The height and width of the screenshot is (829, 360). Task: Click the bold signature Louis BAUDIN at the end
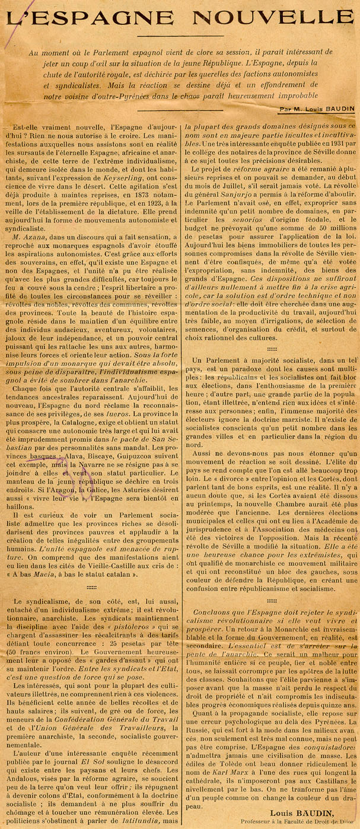[x=297, y=812]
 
